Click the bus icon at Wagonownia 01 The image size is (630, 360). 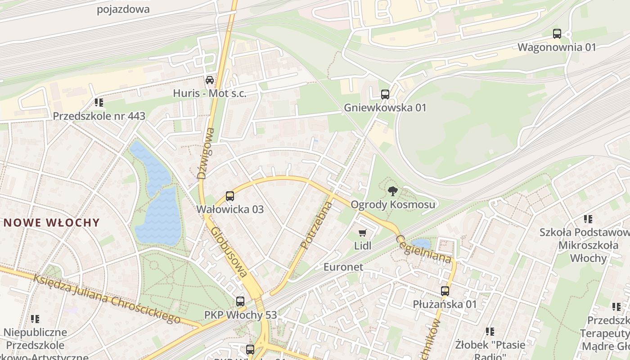pyautogui.click(x=557, y=33)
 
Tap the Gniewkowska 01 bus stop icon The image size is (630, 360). pyautogui.click(x=385, y=94)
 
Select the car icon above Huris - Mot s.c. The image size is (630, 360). pyautogui.click(x=210, y=80)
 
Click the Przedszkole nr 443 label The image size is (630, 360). pyautogui.click(x=99, y=116)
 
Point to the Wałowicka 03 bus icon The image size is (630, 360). pyautogui.click(x=230, y=196)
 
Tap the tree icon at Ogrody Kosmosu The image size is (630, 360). pyautogui.click(x=392, y=191)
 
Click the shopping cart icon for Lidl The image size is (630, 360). pyautogui.click(x=363, y=233)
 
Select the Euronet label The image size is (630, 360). pyautogui.click(x=343, y=267)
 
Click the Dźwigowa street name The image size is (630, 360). pyautogui.click(x=205, y=153)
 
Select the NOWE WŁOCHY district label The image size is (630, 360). pyautogui.click(x=51, y=222)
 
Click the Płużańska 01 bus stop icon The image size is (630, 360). pyautogui.click(x=445, y=291)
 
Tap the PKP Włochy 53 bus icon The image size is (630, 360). pyautogui.click(x=240, y=301)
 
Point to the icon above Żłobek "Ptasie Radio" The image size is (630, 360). pyautogui.click(x=490, y=332)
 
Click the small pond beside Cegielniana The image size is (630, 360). pyautogui.click(x=422, y=244)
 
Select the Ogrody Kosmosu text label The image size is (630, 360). pyautogui.click(x=393, y=205)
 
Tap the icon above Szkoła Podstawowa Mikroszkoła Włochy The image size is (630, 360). pyautogui.click(x=588, y=219)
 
